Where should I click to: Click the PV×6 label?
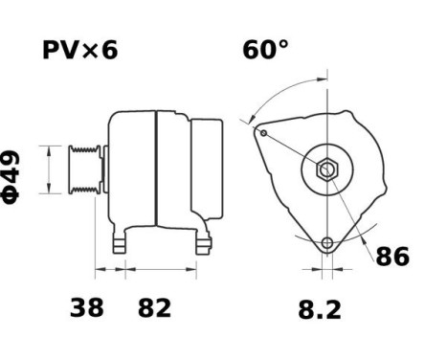pyautogui.click(x=79, y=50)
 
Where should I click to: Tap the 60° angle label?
pyautogui.click(x=265, y=50)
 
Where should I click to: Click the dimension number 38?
pyautogui.click(x=87, y=308)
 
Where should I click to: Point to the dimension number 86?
pyautogui.click(x=391, y=257)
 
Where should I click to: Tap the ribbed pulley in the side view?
pyautogui.click(x=82, y=170)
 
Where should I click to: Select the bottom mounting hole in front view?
pyautogui.click(x=327, y=243)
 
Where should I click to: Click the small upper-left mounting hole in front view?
pyautogui.click(x=262, y=132)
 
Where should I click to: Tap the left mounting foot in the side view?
pyautogui.click(x=120, y=243)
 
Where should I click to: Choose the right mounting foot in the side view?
pyautogui.click(x=202, y=243)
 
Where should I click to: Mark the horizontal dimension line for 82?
pyautogui.click(x=161, y=270)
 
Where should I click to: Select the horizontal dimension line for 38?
pyautogui.click(x=110, y=270)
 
